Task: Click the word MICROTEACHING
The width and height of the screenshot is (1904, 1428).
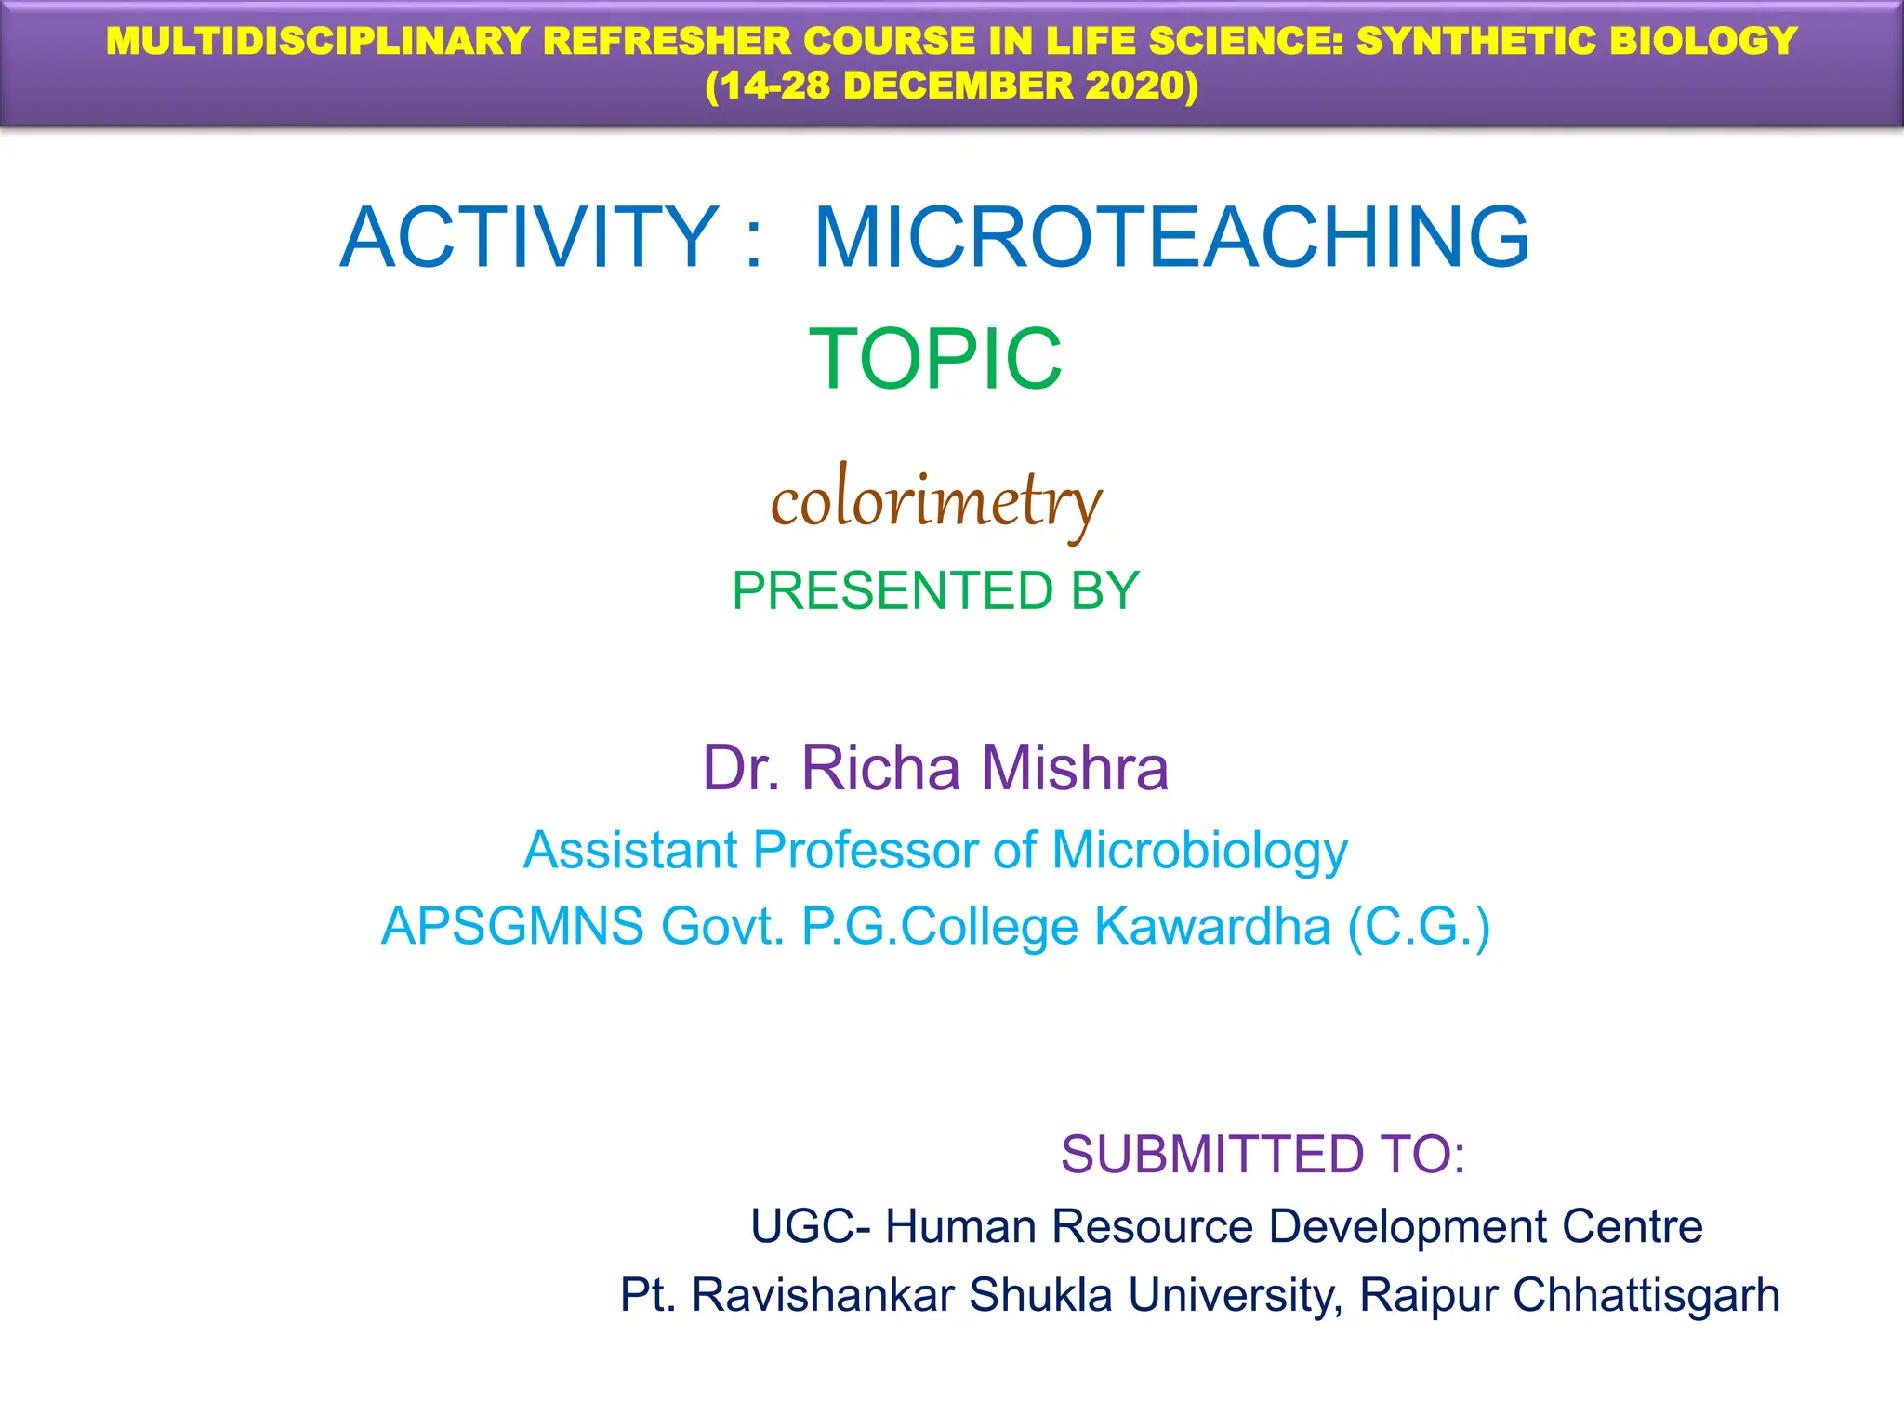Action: [1171, 238]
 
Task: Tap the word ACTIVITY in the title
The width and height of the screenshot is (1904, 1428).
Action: [529, 238]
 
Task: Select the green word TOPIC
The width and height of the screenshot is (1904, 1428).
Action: [935, 359]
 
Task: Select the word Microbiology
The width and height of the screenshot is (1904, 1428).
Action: [1199, 850]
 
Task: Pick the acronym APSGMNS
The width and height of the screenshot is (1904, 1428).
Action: [512, 926]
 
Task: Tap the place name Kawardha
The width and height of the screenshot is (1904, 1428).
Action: [1212, 926]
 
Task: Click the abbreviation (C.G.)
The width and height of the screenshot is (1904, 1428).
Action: [1419, 926]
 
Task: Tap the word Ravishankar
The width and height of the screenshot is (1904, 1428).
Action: [822, 1295]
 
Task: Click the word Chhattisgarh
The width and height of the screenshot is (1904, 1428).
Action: [1646, 1295]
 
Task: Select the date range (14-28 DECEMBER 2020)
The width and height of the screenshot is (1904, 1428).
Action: [951, 86]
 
